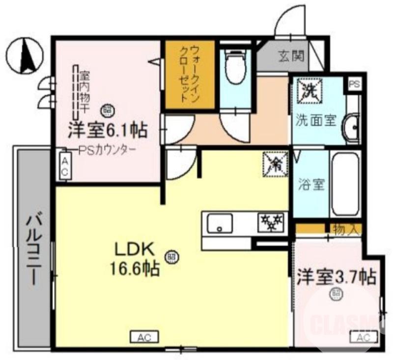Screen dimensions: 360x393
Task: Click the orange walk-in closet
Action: [x=189, y=75]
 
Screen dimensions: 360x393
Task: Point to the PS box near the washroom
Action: [x=354, y=84]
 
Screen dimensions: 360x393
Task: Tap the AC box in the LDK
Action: [x=144, y=337]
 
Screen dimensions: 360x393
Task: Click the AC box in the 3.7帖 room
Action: [x=364, y=338]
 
